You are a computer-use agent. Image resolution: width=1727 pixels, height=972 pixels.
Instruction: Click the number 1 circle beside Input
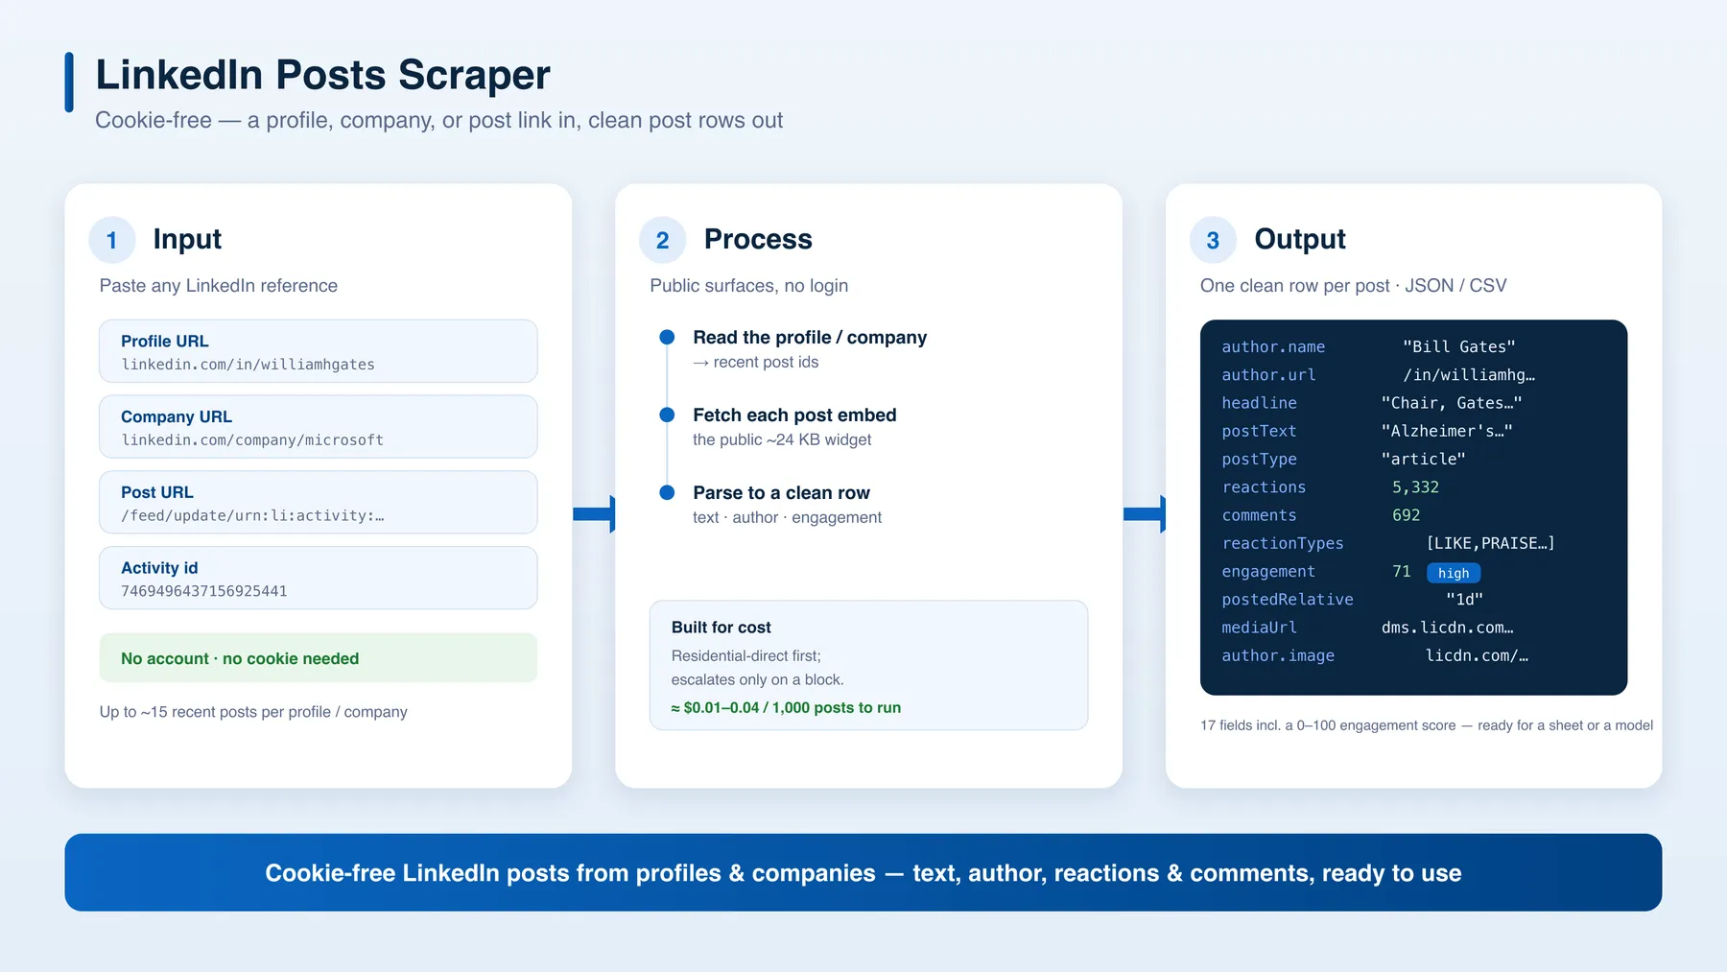(x=112, y=240)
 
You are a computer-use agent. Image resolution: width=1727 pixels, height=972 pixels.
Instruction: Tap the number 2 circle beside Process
(x=663, y=240)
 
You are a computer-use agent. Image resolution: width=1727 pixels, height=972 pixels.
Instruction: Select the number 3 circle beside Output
(x=1214, y=240)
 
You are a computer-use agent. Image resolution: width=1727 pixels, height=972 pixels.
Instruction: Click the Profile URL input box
(x=319, y=351)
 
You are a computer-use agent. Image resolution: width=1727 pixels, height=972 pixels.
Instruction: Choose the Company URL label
(x=177, y=416)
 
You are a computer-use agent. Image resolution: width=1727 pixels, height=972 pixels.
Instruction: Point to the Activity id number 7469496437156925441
(x=204, y=591)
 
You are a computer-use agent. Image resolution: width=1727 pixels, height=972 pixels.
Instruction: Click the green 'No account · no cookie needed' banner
(x=319, y=658)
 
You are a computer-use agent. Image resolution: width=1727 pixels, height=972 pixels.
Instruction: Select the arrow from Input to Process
(x=594, y=514)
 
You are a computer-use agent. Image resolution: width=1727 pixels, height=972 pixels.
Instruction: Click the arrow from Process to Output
(x=1145, y=514)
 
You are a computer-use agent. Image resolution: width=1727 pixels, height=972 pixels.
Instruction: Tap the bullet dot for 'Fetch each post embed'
(x=667, y=415)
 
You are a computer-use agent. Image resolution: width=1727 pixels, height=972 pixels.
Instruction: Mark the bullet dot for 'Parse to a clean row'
(x=667, y=492)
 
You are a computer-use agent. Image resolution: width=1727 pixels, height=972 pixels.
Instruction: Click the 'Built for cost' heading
(x=722, y=628)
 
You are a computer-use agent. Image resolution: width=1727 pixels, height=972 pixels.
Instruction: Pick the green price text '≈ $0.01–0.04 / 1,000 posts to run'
(x=786, y=708)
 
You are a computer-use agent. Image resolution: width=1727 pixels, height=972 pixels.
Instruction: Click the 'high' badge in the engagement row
(x=1454, y=573)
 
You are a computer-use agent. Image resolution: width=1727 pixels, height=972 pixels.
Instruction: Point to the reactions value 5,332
(x=1415, y=487)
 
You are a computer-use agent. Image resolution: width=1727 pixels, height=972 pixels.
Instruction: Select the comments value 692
(x=1406, y=515)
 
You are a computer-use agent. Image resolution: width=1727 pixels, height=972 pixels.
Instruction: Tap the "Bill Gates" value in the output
(x=1458, y=346)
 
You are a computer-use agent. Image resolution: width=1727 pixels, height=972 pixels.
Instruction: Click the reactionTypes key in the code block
(x=1283, y=544)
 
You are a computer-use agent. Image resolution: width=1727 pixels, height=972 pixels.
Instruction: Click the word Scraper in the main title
(x=474, y=75)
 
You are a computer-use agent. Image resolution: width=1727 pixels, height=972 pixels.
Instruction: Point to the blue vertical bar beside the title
(x=69, y=83)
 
